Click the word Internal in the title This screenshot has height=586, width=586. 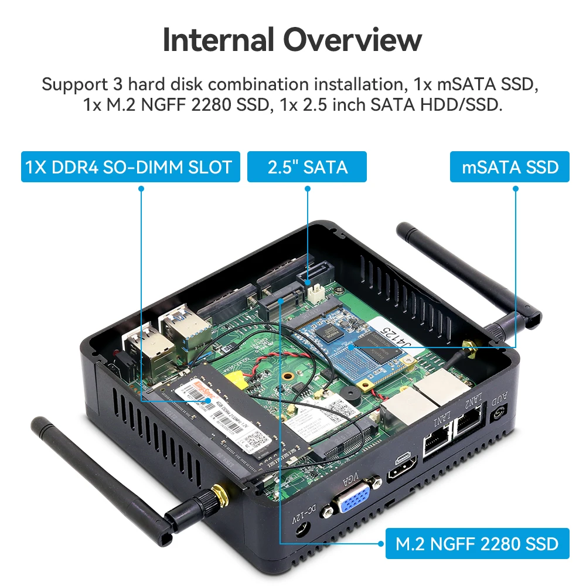pos(219,40)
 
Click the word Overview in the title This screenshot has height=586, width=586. pos(351,40)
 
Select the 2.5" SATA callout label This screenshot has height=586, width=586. pos(307,167)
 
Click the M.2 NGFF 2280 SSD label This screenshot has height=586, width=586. pos(477,543)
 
